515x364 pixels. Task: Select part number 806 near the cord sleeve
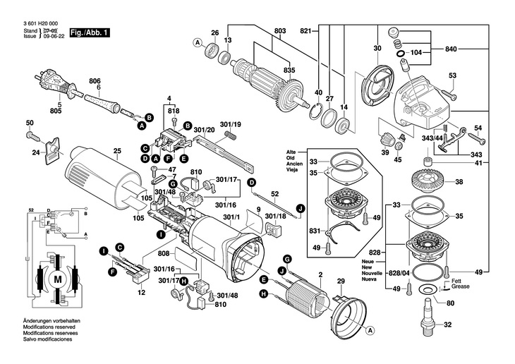(95, 81)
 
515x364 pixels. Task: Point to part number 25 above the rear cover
(117, 150)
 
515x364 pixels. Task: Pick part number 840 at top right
(452, 51)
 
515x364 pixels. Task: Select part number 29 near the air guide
(341, 281)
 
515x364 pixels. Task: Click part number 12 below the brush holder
(141, 291)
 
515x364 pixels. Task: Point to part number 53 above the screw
(452, 75)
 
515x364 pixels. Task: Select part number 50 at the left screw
(30, 123)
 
